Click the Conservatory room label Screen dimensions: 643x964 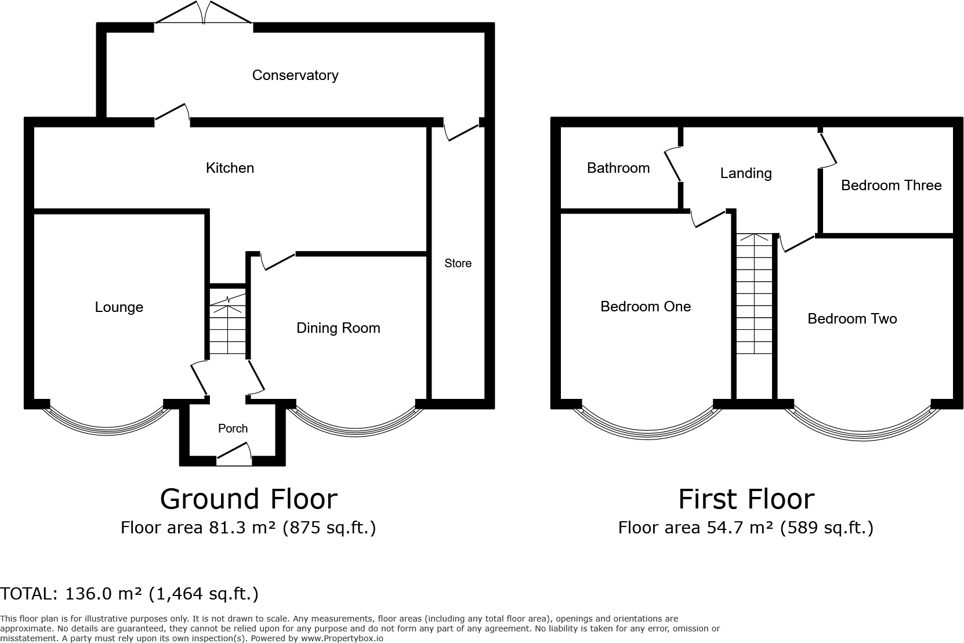(295, 75)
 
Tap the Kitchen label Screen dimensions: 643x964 (230, 168)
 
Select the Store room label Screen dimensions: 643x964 (458, 263)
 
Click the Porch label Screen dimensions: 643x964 (233, 428)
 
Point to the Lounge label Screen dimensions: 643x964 (119, 307)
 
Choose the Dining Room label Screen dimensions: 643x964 (338, 328)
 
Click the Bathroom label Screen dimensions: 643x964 (618, 168)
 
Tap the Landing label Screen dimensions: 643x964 (745, 173)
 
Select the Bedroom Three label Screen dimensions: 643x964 (891, 186)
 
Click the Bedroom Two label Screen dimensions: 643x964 (852, 319)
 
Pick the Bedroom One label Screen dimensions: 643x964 (646, 307)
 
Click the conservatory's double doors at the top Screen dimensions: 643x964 (203, 13)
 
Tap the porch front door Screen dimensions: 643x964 (234, 455)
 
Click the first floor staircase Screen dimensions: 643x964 (754, 296)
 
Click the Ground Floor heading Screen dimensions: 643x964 (248, 499)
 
